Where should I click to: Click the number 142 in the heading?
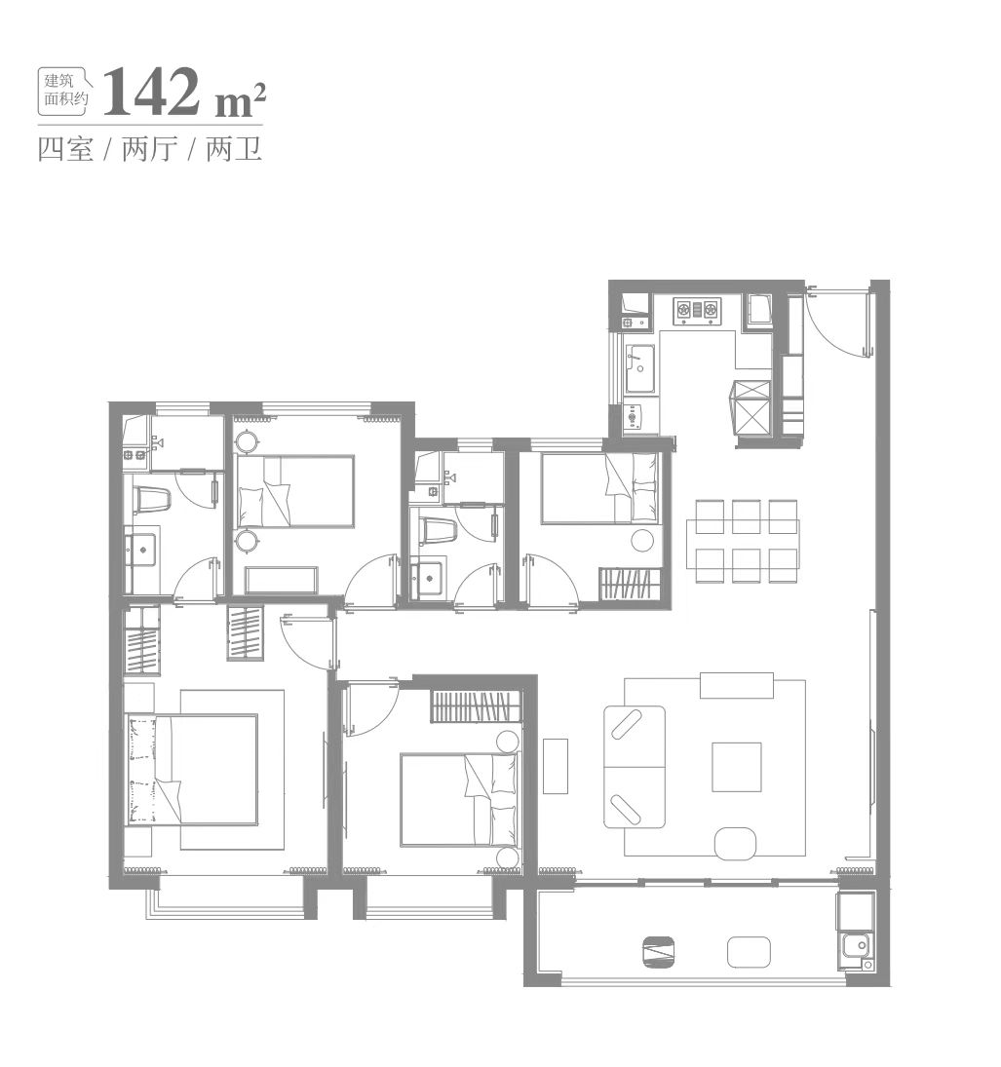tap(150, 92)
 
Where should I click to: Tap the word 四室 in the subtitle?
tap(65, 149)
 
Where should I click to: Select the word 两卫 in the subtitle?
tap(234, 149)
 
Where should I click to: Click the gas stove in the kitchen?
tap(696, 310)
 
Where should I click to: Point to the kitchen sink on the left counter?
tap(640, 368)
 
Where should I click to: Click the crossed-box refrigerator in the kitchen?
tap(751, 408)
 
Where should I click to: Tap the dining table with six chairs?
tap(746, 541)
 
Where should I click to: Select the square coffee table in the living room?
tap(736, 766)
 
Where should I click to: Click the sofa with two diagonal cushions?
tap(635, 766)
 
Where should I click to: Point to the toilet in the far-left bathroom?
tap(150, 501)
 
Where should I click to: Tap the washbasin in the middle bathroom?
tap(428, 577)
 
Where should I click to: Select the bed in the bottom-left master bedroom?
tap(191, 769)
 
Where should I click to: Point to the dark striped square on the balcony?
tap(658, 952)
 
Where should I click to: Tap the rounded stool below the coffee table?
tap(735, 843)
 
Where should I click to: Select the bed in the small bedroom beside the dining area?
tap(599, 488)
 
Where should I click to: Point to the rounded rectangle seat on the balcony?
tap(749, 952)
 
